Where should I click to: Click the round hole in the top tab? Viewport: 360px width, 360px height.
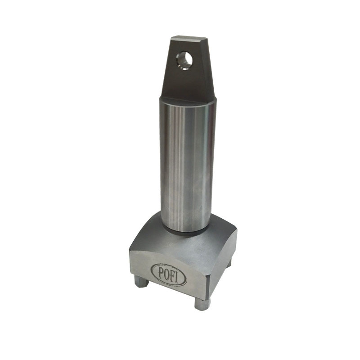184,58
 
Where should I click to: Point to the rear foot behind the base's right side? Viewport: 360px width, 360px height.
229,263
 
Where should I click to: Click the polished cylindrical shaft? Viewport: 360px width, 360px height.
187,162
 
